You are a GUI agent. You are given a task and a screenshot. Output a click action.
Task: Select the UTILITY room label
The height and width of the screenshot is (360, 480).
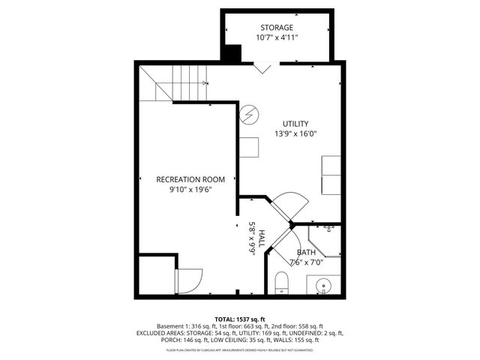click(295, 124)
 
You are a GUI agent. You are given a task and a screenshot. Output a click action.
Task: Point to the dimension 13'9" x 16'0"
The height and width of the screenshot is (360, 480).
click(295, 136)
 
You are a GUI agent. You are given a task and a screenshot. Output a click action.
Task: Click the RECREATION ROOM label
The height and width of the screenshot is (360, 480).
click(190, 179)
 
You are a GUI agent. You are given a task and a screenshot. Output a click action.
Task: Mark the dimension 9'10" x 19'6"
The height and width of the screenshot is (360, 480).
click(190, 190)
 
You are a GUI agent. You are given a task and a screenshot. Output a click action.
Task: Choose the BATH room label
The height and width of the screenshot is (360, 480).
click(306, 253)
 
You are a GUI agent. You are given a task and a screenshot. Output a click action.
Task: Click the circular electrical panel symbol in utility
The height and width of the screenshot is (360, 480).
click(249, 114)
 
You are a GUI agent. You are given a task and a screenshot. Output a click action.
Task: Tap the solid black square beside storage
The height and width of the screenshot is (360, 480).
click(233, 55)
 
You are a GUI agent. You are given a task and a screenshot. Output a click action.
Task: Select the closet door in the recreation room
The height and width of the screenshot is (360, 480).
click(187, 280)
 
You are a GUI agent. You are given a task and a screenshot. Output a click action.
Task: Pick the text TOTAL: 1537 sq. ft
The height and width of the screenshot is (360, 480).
click(240, 319)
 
